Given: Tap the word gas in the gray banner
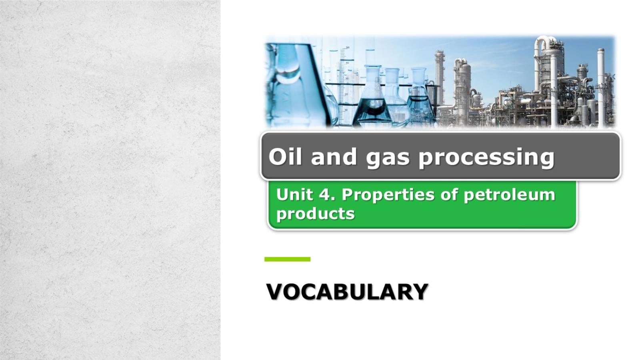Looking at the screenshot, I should (x=388, y=157).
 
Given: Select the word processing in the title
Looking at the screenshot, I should (x=486, y=157).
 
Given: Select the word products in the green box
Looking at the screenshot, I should (x=315, y=214).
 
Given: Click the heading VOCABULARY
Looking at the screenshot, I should (x=347, y=292).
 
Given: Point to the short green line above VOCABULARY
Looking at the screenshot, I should (x=287, y=259).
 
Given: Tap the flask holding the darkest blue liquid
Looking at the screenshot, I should (x=372, y=104).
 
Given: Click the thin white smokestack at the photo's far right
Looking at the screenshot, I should (x=600, y=84).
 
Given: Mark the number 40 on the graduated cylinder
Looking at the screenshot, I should (x=347, y=63).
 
